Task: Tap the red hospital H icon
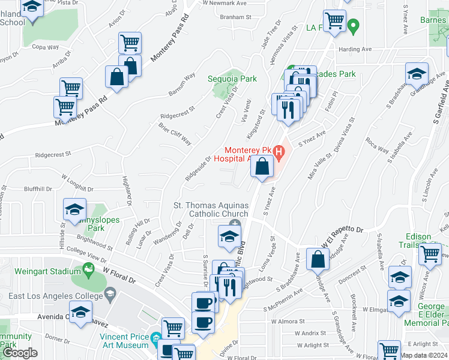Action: click(278, 152)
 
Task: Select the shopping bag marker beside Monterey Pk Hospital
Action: click(262, 167)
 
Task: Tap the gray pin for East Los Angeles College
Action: click(109, 293)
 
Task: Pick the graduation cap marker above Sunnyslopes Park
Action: click(75, 209)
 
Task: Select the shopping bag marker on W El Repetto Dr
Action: click(318, 260)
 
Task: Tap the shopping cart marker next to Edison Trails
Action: click(430, 254)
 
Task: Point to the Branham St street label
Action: click(235, 17)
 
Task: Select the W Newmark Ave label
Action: click(225, 3)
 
